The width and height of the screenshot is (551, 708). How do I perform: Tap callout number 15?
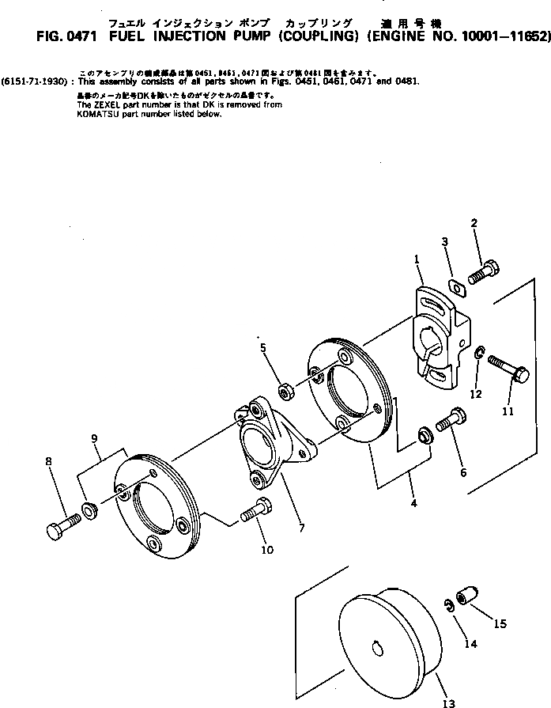tap(499, 623)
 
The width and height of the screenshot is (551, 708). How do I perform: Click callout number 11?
tap(507, 411)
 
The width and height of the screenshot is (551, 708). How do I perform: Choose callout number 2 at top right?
tap(474, 222)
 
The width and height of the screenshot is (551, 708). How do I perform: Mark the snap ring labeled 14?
tap(448, 607)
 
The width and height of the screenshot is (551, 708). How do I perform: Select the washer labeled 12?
tap(479, 352)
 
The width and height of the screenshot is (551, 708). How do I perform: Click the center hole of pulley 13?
tap(376, 650)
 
